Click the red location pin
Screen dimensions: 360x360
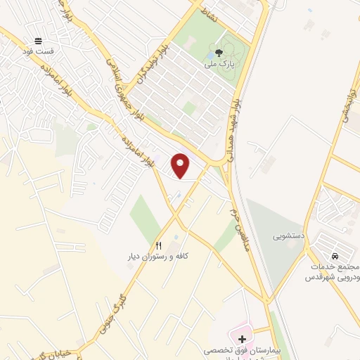coord(181,165)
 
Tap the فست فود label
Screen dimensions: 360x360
coord(37,51)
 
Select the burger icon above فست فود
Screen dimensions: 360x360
coord(38,41)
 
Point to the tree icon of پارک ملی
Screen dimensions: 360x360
coord(218,52)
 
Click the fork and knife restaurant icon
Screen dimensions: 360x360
coord(158,245)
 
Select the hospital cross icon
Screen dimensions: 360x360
coord(242,339)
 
